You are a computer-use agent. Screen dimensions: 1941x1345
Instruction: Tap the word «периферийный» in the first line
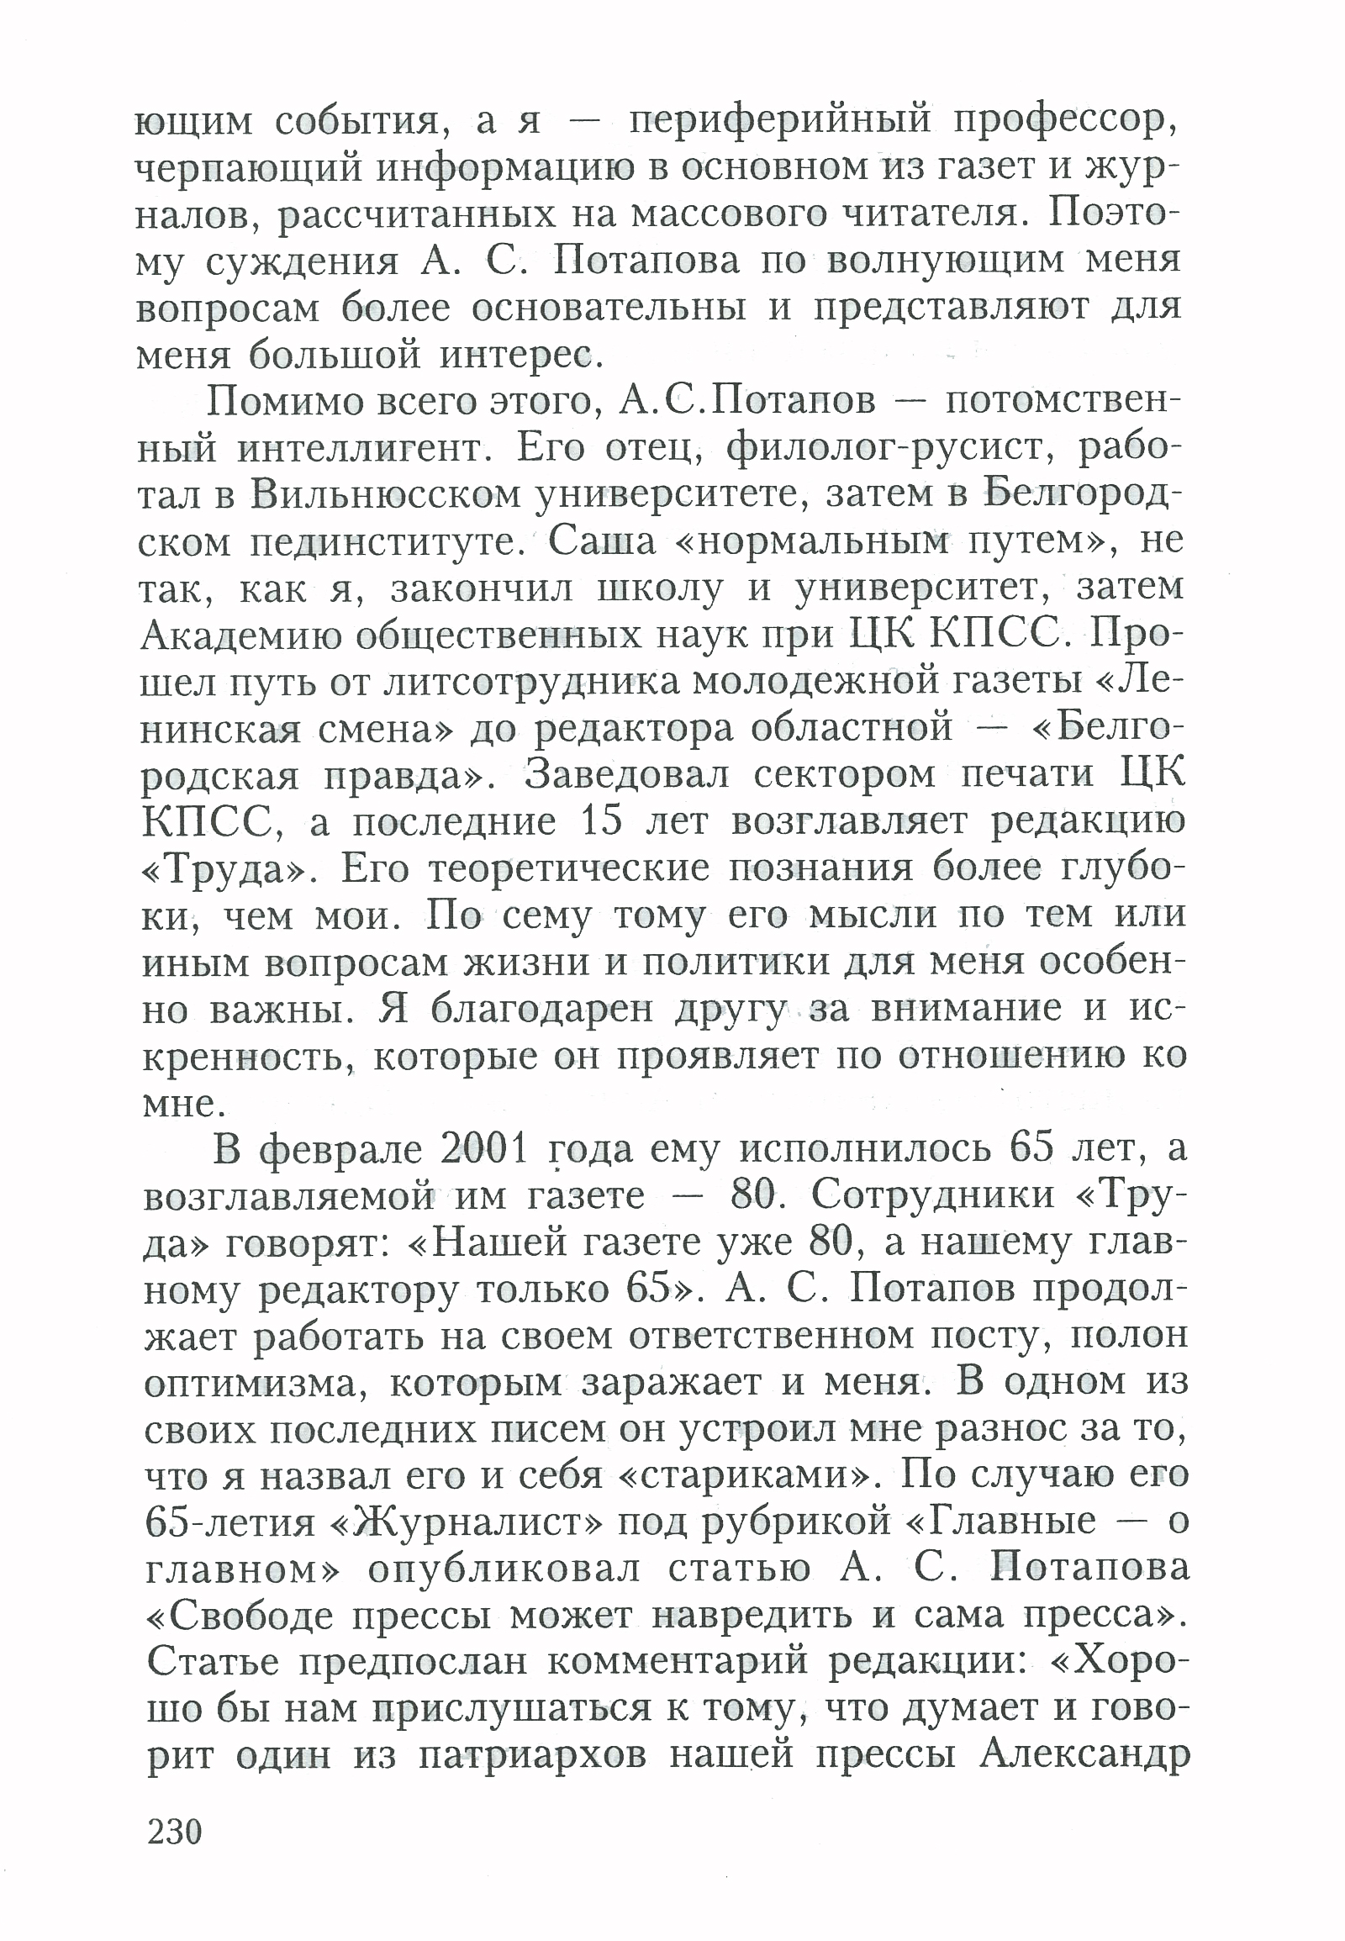click(779, 120)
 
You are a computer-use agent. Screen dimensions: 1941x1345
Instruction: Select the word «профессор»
click(1065, 120)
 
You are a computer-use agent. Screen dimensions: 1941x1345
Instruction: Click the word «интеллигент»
click(363, 448)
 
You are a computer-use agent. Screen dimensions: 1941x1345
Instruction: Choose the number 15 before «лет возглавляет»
click(602, 821)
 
